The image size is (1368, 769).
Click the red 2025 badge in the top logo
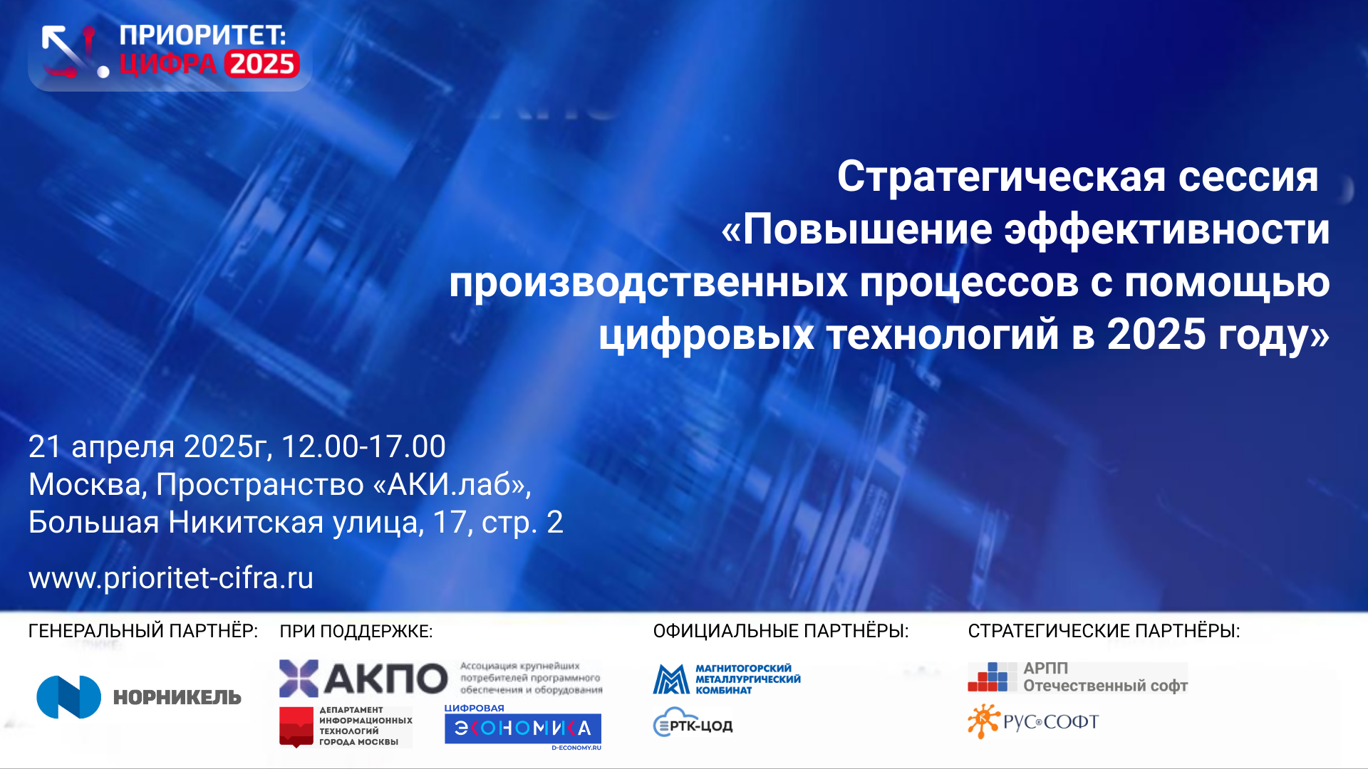[x=262, y=64]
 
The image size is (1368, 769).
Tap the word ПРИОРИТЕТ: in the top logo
[x=202, y=35]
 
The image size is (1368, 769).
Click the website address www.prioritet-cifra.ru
[x=171, y=578]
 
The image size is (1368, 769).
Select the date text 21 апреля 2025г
[x=150, y=447]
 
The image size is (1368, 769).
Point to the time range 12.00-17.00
[x=363, y=446]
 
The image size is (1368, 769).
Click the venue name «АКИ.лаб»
[x=452, y=485]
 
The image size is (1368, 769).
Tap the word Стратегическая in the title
[x=1002, y=177]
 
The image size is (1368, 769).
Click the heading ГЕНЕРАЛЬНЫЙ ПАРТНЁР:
[x=143, y=631]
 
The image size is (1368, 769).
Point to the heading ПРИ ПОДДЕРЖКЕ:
[x=356, y=632]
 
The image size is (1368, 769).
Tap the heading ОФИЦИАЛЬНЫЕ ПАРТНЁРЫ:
[x=781, y=631]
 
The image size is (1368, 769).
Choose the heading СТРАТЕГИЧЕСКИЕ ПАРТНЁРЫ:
[x=1104, y=631]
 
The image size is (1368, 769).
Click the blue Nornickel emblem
[x=69, y=697]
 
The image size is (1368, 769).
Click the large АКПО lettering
[x=385, y=678]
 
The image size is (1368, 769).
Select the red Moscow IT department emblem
[x=296, y=727]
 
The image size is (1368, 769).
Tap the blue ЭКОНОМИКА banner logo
[x=523, y=728]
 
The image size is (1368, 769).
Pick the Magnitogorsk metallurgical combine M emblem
[x=671, y=679]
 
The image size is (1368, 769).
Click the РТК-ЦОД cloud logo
[x=693, y=723]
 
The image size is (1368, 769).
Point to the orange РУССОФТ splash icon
[x=983, y=721]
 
